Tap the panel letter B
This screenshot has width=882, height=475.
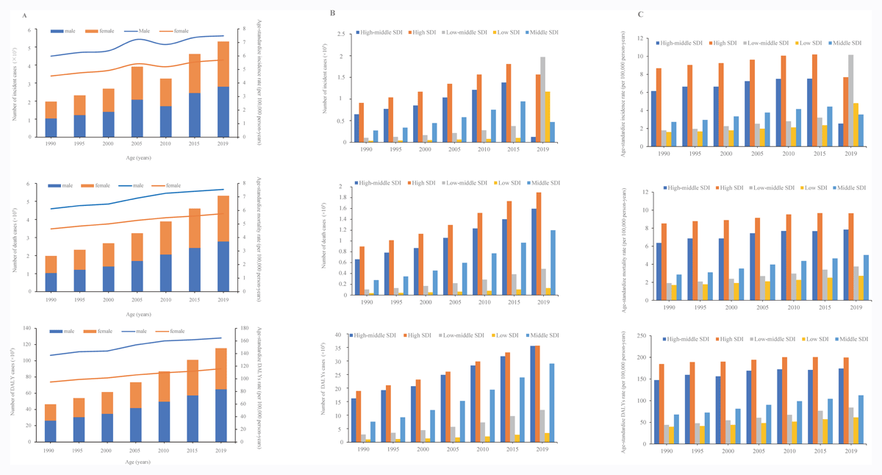pos(332,13)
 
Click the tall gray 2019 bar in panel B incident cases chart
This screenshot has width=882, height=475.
pos(542,99)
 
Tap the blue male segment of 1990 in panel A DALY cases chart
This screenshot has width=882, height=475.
pos(51,431)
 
